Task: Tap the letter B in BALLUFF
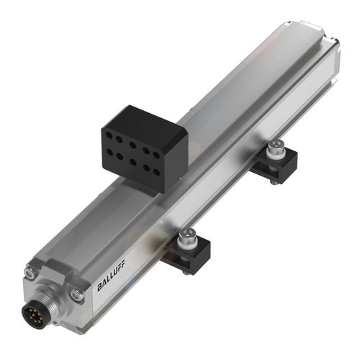tap(100, 288)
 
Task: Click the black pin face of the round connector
tap(45, 312)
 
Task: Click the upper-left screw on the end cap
tap(30, 272)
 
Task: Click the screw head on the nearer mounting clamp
tap(188, 234)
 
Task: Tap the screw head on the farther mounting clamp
tap(274, 148)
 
